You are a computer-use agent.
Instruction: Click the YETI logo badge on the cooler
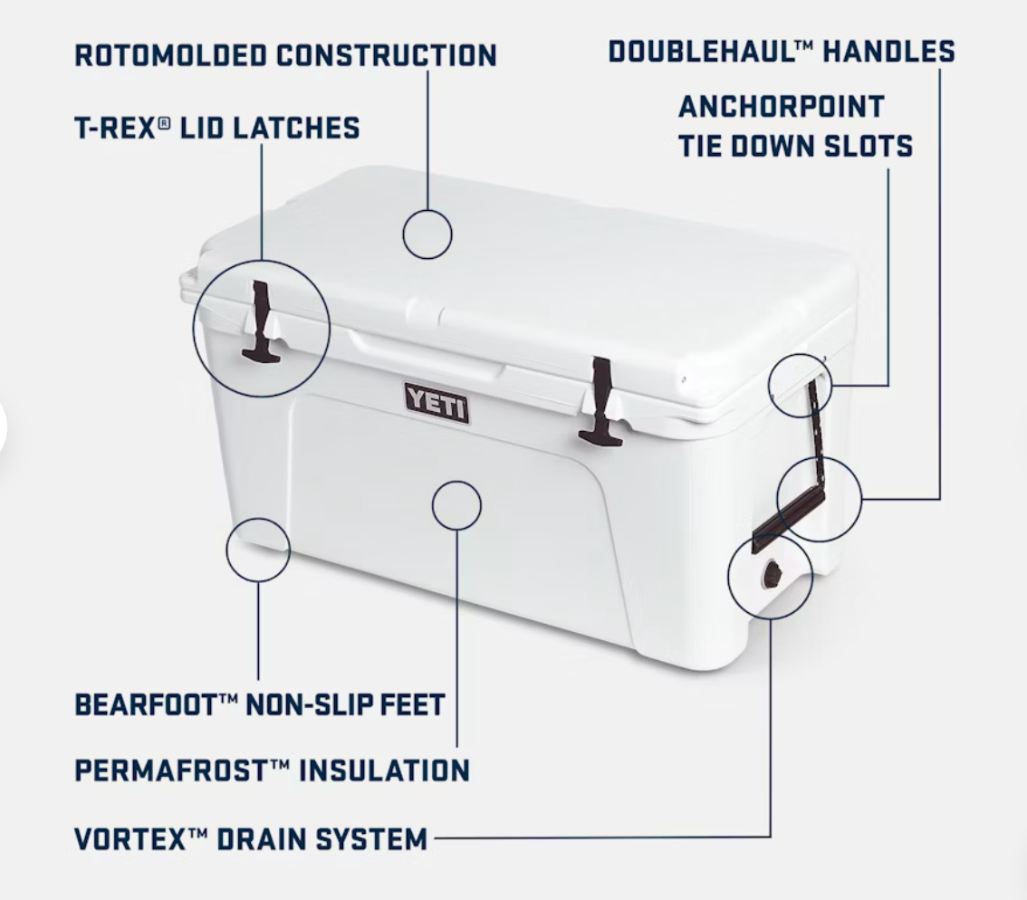[437, 403]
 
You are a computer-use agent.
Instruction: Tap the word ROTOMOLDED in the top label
[171, 55]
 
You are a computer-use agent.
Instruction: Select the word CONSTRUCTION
[386, 55]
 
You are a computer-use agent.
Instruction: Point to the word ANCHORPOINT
[782, 107]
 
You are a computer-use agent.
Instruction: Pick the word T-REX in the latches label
[116, 128]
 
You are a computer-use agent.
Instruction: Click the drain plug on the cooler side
[772, 575]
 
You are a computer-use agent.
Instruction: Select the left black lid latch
[262, 321]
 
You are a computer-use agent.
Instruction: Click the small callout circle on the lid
[427, 210]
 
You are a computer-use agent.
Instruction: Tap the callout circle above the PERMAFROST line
[456, 482]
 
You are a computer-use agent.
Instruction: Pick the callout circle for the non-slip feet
[258, 519]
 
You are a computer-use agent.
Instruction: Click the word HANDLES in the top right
[888, 52]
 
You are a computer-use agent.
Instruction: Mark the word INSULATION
[385, 771]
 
